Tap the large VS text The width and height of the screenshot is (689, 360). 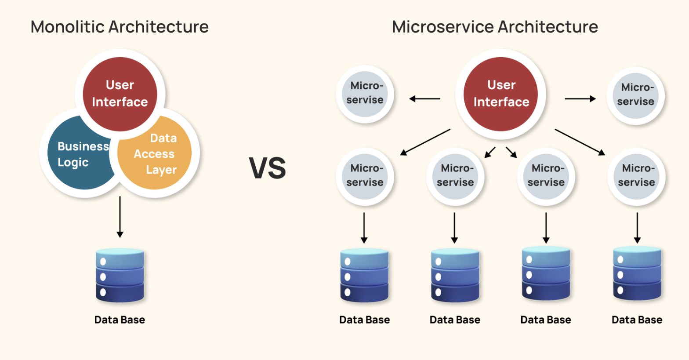tap(268, 168)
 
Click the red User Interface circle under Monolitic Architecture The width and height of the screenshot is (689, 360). tap(120, 93)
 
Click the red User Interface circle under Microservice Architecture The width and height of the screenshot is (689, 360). tap(501, 93)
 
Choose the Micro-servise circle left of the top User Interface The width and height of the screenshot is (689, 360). tap(365, 93)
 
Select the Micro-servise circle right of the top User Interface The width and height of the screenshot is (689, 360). tap(635, 95)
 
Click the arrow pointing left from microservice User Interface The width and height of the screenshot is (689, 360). tap(424, 99)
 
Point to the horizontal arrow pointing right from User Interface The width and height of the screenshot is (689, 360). tap(580, 99)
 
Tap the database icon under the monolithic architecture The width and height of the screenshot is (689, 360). tap(120, 276)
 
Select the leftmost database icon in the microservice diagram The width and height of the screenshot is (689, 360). tap(364, 276)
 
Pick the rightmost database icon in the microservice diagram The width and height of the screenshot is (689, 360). tap(637, 273)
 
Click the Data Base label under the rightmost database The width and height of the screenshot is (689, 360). tap(637, 320)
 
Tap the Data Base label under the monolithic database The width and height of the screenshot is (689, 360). tap(120, 320)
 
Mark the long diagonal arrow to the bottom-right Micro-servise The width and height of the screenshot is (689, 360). tap(580, 142)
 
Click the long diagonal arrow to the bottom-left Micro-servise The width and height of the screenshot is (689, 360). tap(425, 142)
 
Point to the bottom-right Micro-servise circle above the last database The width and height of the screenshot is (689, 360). tap(637, 176)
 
